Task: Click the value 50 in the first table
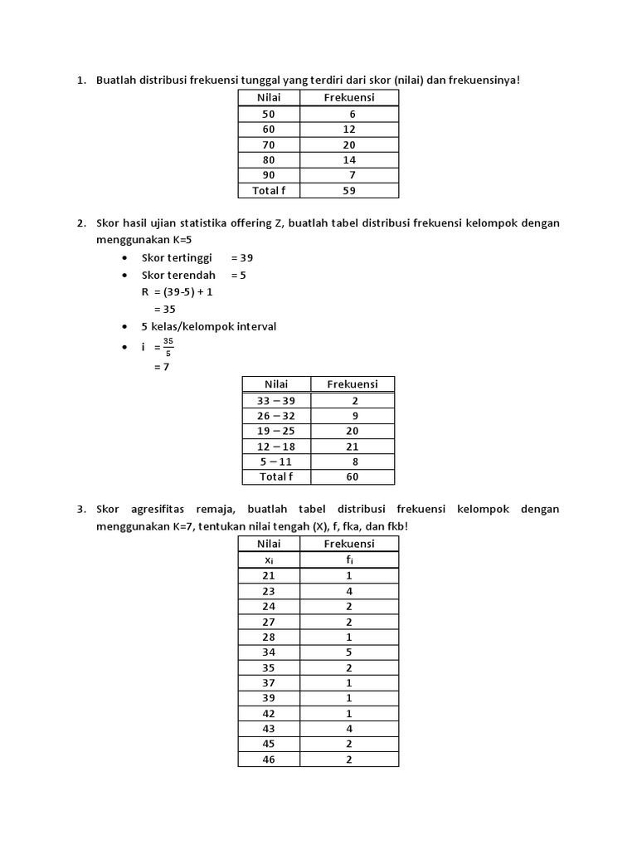(x=268, y=114)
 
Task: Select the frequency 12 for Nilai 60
(x=348, y=129)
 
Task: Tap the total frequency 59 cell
(x=348, y=190)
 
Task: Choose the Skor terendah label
(x=178, y=275)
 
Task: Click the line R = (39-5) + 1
(x=182, y=292)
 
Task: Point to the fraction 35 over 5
(x=168, y=346)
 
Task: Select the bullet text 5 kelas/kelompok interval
(x=208, y=326)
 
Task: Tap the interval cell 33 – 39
(x=275, y=400)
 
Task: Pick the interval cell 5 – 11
(x=275, y=462)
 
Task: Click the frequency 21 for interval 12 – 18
(x=352, y=446)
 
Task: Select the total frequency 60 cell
(x=352, y=476)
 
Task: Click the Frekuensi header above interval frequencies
(x=352, y=383)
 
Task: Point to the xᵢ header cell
(x=268, y=559)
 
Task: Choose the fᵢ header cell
(x=348, y=559)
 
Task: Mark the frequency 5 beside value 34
(x=348, y=652)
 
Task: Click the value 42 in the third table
(x=268, y=713)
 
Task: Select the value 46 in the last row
(x=268, y=760)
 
